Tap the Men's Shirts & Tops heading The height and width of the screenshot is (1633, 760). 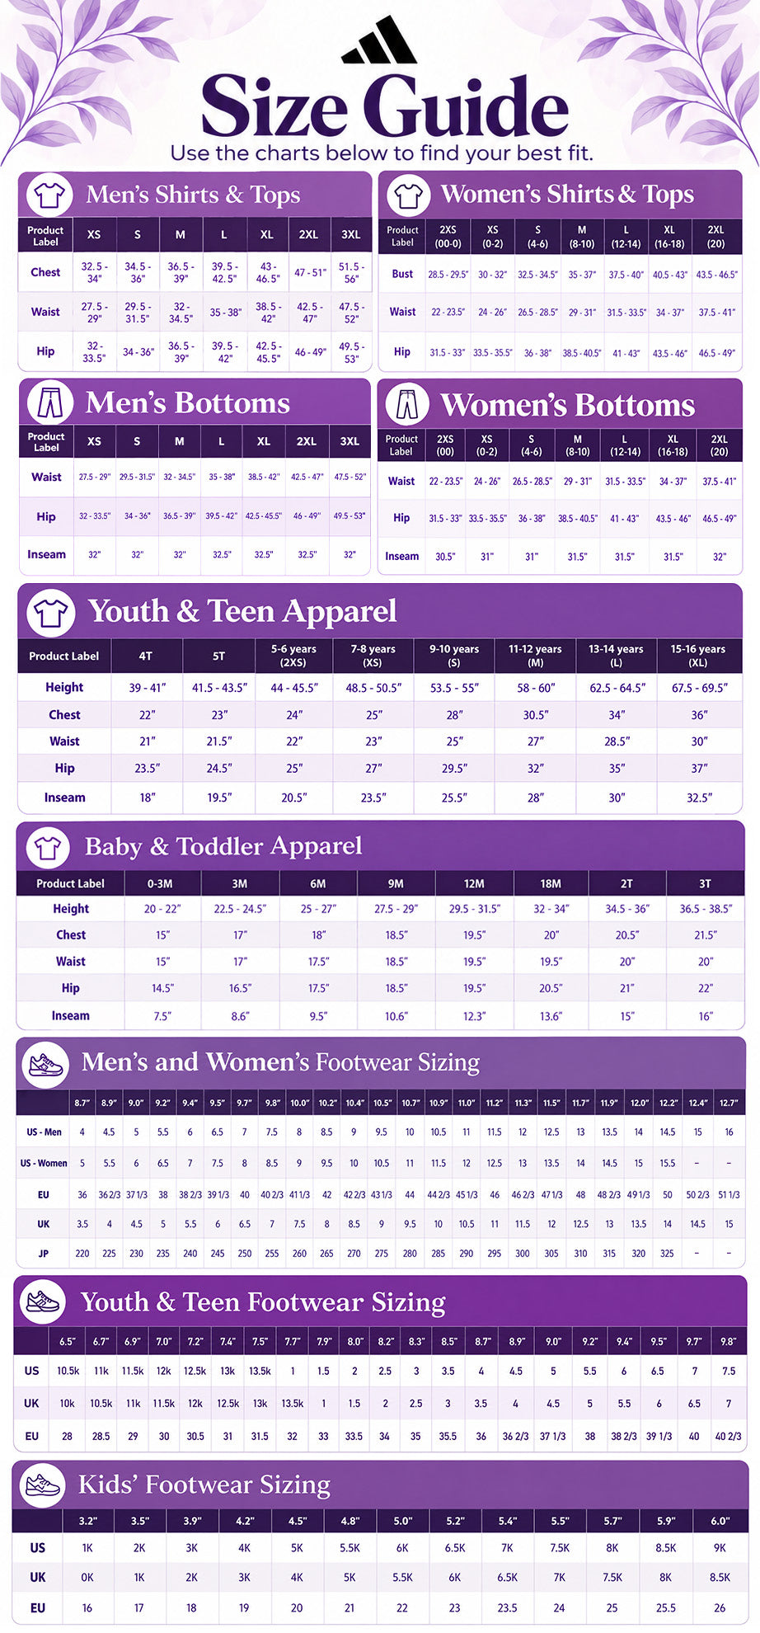pos(193,195)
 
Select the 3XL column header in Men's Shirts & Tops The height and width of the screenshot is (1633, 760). pos(351,235)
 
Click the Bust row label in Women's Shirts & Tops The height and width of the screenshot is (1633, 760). pos(402,274)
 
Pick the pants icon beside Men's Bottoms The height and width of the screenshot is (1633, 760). pos(45,402)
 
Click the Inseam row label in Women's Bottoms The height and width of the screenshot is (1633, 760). pos(401,557)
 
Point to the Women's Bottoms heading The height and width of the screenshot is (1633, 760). pos(567,405)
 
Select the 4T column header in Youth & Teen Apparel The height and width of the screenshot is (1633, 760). pos(146,656)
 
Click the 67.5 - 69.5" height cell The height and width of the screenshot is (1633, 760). pos(700,688)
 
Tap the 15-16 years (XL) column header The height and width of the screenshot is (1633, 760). pos(698,656)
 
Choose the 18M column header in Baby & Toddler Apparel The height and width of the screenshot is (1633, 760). pos(551,884)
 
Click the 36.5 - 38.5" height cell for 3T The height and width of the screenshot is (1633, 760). pos(706,909)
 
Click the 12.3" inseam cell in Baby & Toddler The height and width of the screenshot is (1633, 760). pos(474,1017)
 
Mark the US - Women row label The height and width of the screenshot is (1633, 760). pos(44,1164)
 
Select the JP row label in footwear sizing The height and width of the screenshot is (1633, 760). pos(44,1254)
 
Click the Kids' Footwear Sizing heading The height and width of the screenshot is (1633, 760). pos(204,1485)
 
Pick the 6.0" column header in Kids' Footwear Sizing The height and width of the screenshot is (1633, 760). pos(720,1521)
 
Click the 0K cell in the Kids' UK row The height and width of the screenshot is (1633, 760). pos(87,1578)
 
